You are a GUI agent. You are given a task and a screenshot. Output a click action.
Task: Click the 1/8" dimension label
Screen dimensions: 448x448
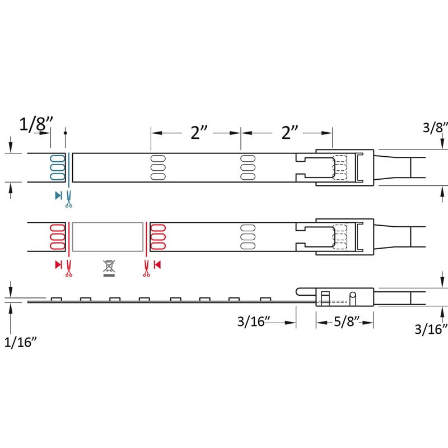point(36,124)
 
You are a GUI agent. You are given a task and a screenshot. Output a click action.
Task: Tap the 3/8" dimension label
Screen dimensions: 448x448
point(435,128)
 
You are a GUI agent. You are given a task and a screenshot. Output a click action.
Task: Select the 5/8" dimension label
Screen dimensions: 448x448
point(346,321)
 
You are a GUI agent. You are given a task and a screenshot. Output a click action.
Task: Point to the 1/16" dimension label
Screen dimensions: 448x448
point(21,342)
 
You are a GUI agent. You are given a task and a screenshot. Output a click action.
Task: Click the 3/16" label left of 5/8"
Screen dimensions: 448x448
point(254,321)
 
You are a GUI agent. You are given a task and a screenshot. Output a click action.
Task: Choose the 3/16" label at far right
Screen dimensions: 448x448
point(431,329)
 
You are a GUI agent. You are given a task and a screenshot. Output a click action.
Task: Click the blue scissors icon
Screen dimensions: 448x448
point(68,199)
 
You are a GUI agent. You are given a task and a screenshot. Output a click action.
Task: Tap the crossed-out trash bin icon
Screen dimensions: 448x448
point(109,268)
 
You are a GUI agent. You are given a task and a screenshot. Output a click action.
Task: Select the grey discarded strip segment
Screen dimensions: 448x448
point(108,237)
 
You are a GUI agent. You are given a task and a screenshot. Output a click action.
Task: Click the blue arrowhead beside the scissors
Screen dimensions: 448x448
point(58,195)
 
